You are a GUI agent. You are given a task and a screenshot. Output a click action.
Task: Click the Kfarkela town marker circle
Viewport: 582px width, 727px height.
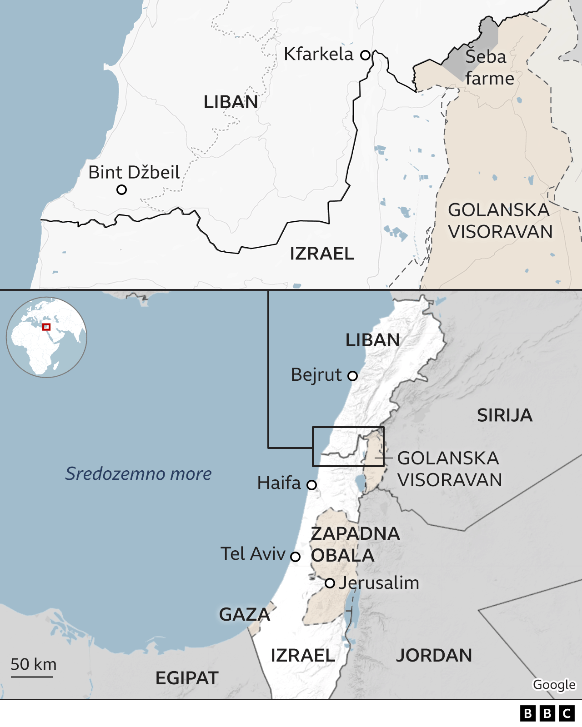(x=365, y=55)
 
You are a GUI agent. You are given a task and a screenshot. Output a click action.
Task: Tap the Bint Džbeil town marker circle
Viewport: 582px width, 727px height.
(x=121, y=189)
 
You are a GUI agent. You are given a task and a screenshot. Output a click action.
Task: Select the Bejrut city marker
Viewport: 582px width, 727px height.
(x=352, y=376)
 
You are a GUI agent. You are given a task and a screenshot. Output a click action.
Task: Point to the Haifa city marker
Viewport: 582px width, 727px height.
(x=311, y=485)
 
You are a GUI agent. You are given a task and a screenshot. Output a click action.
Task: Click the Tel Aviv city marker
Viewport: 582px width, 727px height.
(x=295, y=557)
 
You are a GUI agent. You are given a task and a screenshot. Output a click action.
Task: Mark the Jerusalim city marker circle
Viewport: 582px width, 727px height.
(x=330, y=583)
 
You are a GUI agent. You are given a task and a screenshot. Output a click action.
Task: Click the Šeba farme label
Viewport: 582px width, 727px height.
(x=489, y=68)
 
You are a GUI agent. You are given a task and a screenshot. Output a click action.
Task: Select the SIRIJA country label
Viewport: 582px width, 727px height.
(x=504, y=415)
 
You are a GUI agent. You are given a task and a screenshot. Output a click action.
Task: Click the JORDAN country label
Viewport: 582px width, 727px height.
(x=434, y=655)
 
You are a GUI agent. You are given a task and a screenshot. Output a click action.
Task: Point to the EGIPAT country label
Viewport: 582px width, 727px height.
(x=187, y=678)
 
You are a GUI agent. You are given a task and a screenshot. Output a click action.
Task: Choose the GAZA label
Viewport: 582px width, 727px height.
(x=245, y=614)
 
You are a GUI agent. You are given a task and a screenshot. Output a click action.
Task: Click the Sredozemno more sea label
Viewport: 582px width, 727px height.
(x=139, y=473)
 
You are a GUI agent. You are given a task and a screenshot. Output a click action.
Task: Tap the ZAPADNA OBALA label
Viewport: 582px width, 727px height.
(x=355, y=544)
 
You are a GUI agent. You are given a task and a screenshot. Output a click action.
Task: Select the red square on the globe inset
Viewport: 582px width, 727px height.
(x=46, y=327)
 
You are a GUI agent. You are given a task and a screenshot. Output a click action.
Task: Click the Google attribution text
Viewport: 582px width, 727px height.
(x=554, y=684)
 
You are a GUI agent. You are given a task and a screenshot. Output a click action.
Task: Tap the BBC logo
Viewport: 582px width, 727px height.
(x=547, y=713)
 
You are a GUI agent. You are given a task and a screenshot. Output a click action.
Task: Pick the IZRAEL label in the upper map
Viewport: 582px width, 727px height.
(x=322, y=254)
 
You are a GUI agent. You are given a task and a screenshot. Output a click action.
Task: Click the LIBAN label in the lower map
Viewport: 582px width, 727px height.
(x=372, y=340)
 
